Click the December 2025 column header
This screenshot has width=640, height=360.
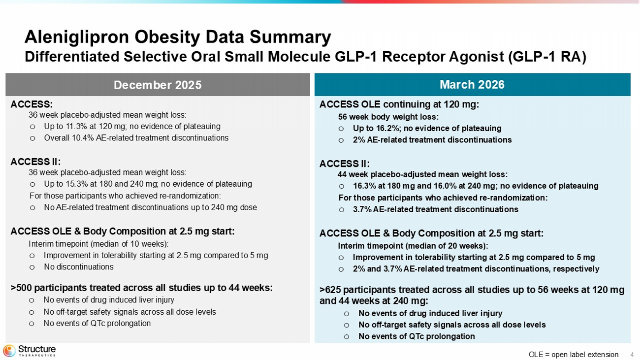(158, 85)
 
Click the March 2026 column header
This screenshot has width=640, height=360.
(472, 85)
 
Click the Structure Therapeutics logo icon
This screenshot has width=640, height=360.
(9, 351)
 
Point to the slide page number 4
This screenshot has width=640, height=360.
(632, 355)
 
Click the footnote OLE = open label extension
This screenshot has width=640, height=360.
(573, 355)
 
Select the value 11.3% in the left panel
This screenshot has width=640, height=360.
(76, 126)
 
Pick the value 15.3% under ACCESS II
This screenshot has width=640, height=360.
(76, 184)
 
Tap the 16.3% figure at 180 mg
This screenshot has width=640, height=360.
(364, 186)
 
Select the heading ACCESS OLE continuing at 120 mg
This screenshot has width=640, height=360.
(399, 104)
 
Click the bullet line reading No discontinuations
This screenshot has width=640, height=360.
(78, 267)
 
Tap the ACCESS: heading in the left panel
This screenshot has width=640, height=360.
(32, 104)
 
